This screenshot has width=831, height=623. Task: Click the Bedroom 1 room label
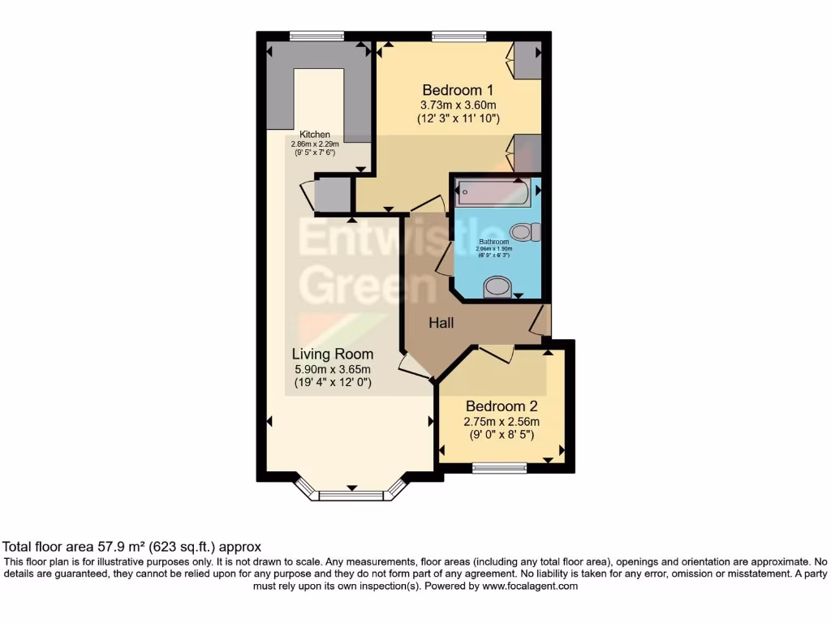tap(456, 89)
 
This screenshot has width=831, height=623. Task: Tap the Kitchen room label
tap(315, 135)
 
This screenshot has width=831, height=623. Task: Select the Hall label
tap(441, 323)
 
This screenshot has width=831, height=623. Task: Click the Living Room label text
tap(333, 354)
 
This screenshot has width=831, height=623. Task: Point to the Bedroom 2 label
tap(502, 406)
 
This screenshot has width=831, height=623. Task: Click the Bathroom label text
tap(493, 242)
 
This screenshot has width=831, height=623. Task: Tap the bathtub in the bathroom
tap(493, 194)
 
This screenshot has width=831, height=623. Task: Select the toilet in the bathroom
tap(527, 233)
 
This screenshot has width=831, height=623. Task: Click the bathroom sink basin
tap(497, 286)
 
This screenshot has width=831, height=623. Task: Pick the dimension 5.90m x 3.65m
tap(333, 368)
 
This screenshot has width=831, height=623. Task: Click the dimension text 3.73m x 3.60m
tap(458, 105)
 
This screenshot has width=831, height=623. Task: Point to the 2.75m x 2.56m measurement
tap(502, 421)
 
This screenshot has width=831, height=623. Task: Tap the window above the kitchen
tap(316, 36)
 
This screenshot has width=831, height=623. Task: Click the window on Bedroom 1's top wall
tap(459, 36)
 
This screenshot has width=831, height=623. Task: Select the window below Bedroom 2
tap(499, 468)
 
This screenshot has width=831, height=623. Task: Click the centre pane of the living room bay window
tap(351, 495)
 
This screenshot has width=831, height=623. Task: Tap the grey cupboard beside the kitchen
tap(332, 195)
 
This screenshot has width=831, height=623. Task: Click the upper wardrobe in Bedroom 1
tap(527, 60)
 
